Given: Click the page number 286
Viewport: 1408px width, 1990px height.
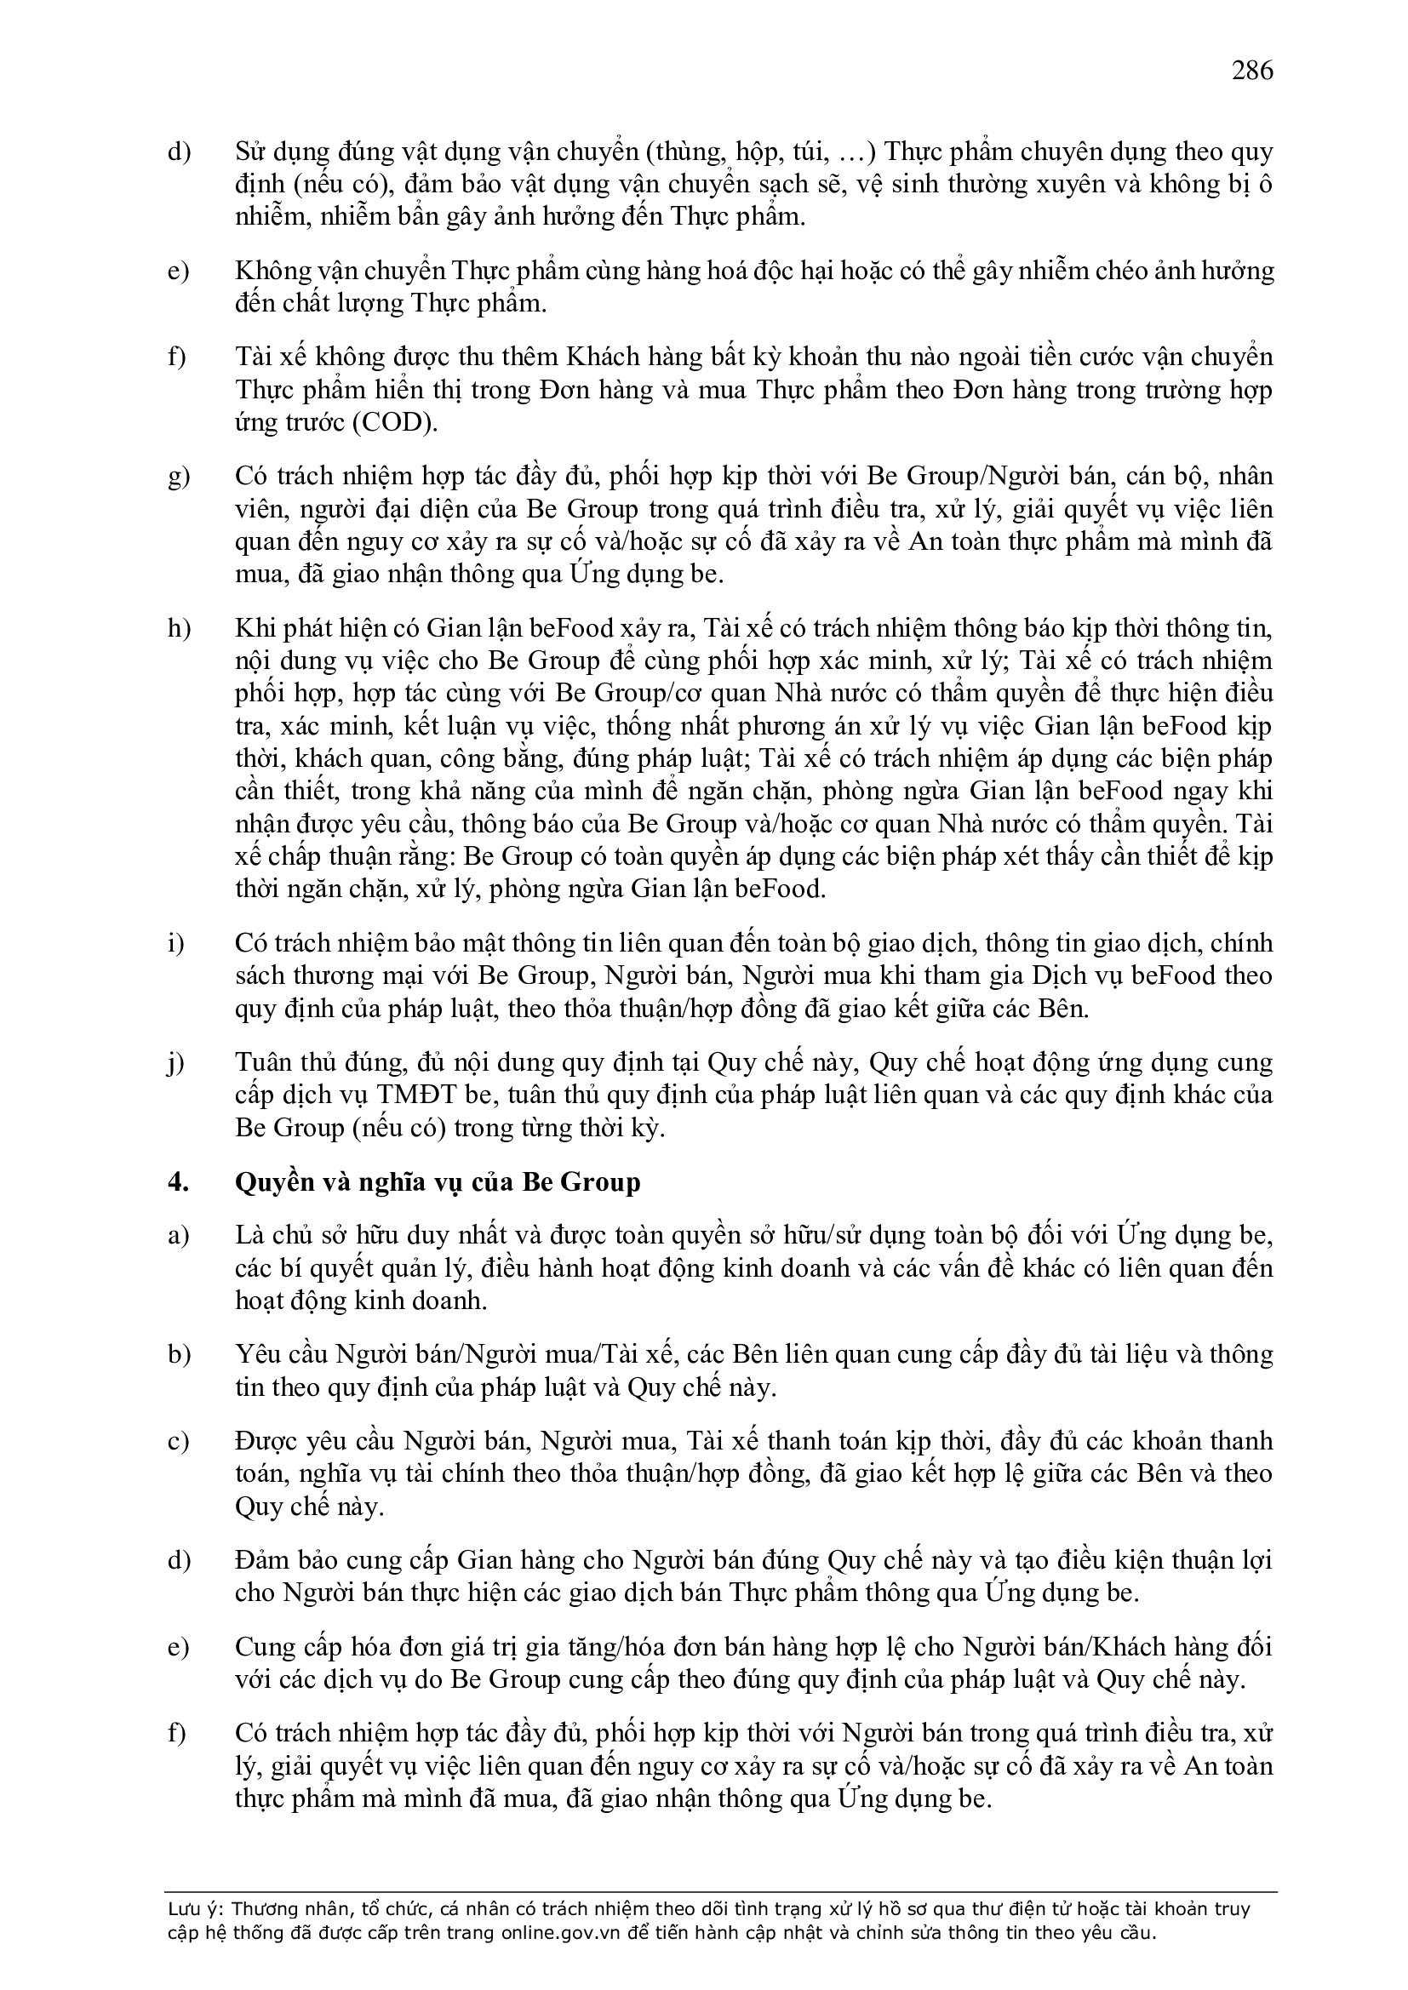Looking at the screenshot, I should pos(1252,70).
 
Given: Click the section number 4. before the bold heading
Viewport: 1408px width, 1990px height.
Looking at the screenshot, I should pos(179,1183).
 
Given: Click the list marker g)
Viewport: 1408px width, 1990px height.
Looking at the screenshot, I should pos(179,477).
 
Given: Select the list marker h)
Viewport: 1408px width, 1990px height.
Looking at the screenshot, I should pos(179,628).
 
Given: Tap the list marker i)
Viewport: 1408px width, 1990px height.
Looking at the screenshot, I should pos(176,943).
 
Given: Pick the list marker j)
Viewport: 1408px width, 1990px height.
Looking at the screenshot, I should pos(176,1062).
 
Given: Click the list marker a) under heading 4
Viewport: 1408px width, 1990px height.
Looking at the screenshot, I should pos(179,1236).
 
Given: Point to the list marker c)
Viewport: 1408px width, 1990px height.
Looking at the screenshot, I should pos(179,1441).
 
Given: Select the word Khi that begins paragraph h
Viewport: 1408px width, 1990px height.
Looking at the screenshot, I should pos(255,628).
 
